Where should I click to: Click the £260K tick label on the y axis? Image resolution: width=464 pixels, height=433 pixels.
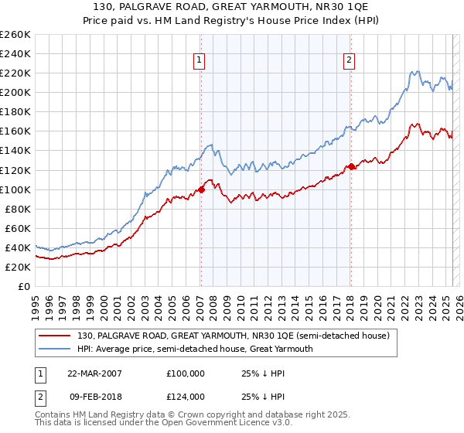pos(15,35)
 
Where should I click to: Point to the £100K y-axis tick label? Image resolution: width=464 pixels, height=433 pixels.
pos(15,189)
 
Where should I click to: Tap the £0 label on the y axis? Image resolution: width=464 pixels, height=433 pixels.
pos(25,286)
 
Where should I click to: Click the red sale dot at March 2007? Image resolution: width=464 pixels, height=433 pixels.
pos(202,189)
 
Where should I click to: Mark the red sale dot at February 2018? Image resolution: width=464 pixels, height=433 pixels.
pos(351,166)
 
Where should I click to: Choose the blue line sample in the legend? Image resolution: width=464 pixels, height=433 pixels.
pos(55,349)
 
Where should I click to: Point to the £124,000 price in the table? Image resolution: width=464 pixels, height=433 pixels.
pos(186,397)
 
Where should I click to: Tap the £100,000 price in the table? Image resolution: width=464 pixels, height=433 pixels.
pos(186,373)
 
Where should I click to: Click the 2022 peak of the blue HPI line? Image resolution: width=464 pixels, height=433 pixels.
pos(415,72)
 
